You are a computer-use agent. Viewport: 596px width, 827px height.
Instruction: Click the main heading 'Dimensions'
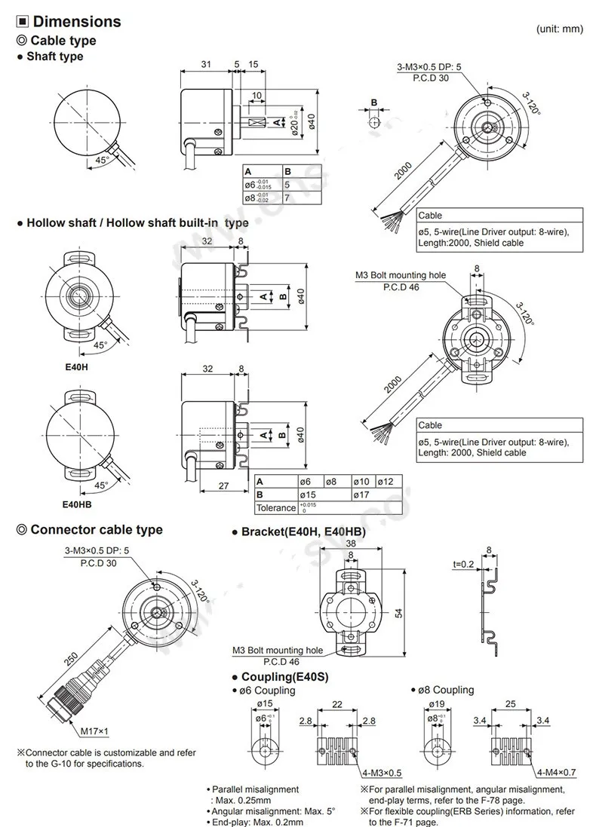pyautogui.click(x=77, y=22)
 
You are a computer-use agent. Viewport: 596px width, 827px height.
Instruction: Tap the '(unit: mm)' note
pyautogui.click(x=561, y=29)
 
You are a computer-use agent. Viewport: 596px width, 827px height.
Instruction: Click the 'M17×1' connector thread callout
pyautogui.click(x=94, y=731)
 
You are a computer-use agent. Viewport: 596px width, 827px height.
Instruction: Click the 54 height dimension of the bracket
pyautogui.click(x=398, y=614)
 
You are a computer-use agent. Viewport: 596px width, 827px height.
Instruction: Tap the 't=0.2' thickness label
pyautogui.click(x=464, y=564)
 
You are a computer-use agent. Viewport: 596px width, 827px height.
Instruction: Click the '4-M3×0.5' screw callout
pyautogui.click(x=382, y=773)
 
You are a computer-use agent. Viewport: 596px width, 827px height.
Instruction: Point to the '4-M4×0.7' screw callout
pyautogui.click(x=556, y=773)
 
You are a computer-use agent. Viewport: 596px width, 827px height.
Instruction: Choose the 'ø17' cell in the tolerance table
pyautogui.click(x=363, y=495)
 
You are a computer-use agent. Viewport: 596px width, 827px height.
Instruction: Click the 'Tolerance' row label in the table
pyautogui.click(x=275, y=507)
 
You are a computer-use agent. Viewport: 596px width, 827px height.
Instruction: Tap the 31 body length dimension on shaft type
pyautogui.click(x=205, y=65)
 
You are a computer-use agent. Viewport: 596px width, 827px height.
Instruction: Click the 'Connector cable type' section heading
pyautogui.click(x=96, y=530)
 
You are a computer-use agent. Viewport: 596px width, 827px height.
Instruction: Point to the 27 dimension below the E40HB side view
pyautogui.click(x=223, y=486)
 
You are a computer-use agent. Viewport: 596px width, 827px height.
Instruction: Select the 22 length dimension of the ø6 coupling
pyautogui.click(x=336, y=704)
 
